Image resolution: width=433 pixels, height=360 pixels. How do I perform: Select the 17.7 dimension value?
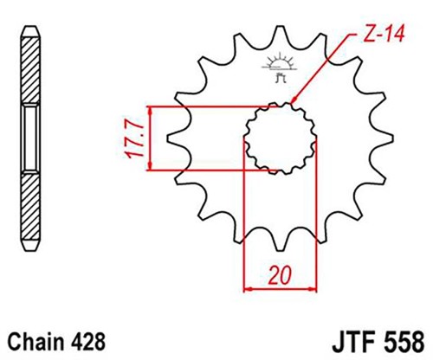point(137,138)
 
